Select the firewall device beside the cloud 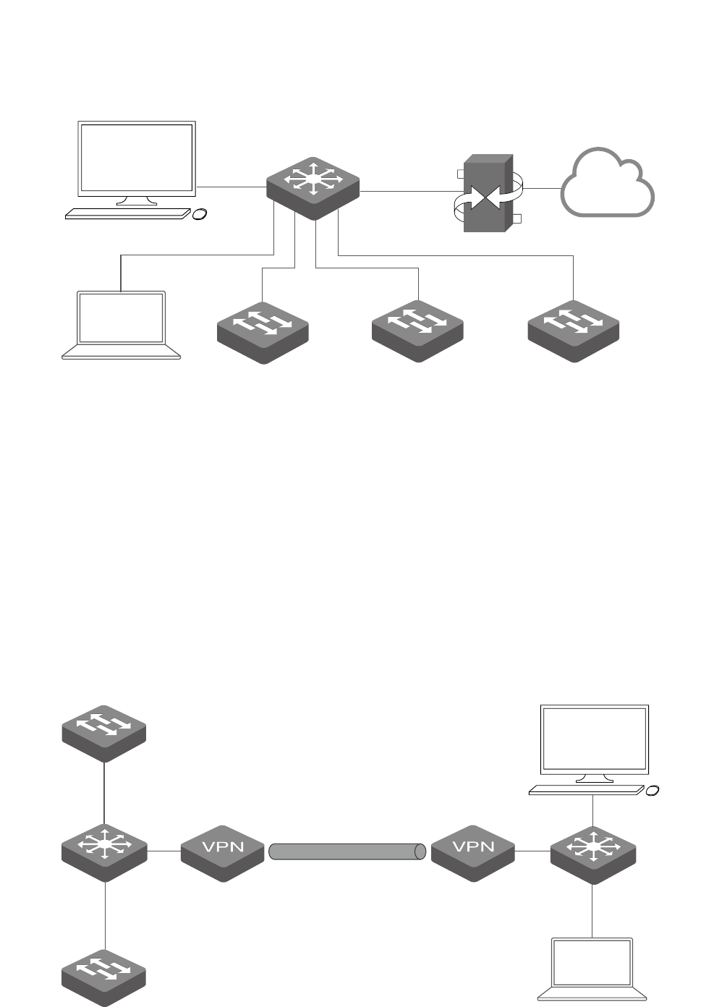point(488,193)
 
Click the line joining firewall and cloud point(542,188)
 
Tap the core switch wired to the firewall point(313,187)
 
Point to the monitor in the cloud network point(137,158)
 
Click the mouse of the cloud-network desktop point(200,214)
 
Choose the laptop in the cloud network point(122,325)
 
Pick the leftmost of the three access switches point(263,332)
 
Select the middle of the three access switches point(417,331)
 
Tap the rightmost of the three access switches point(574,331)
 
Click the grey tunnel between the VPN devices point(347,851)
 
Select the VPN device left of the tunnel point(222,852)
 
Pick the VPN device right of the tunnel point(473,852)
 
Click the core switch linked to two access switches point(105,851)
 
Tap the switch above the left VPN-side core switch point(104,732)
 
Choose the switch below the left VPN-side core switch point(104,977)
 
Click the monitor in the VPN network point(595,741)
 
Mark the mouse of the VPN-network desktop point(652,791)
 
